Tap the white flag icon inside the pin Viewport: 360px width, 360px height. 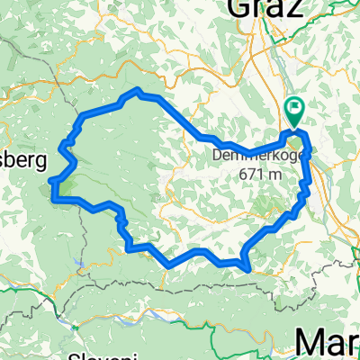click(295, 110)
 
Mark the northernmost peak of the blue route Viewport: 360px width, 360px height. click(137, 90)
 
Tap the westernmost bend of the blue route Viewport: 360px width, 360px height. click(53, 191)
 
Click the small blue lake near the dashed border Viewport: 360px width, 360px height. click(80, 264)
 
